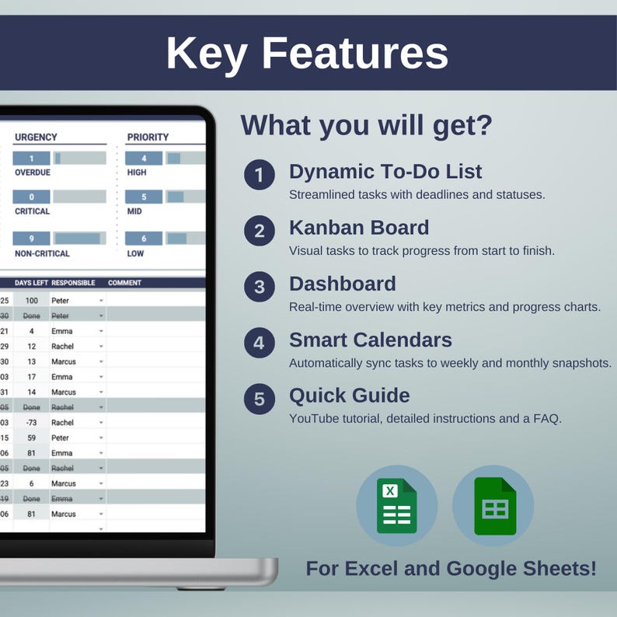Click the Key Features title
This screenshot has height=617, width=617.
click(x=308, y=53)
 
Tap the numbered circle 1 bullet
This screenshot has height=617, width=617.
click(x=259, y=176)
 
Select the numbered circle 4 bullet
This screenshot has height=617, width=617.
click(x=259, y=343)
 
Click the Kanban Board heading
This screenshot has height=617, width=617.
click(x=358, y=228)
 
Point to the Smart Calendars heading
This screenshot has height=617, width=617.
click(x=371, y=340)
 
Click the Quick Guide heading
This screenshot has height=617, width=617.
click(x=349, y=396)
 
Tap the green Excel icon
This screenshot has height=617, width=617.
click(x=396, y=505)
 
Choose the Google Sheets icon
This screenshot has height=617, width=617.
click(x=493, y=505)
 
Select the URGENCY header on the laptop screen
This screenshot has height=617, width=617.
click(x=36, y=138)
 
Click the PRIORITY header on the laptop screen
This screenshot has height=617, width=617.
click(x=148, y=138)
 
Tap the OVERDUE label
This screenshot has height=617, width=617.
click(x=32, y=173)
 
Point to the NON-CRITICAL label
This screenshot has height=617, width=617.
click(x=42, y=253)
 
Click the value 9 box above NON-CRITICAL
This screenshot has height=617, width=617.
click(x=32, y=239)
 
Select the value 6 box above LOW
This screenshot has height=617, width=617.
click(x=144, y=239)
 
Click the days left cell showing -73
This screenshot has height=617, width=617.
click(x=32, y=423)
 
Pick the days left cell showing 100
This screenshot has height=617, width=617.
click(x=32, y=300)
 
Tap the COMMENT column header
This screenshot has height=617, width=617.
click(x=124, y=283)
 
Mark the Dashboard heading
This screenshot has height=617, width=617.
click(x=342, y=284)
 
